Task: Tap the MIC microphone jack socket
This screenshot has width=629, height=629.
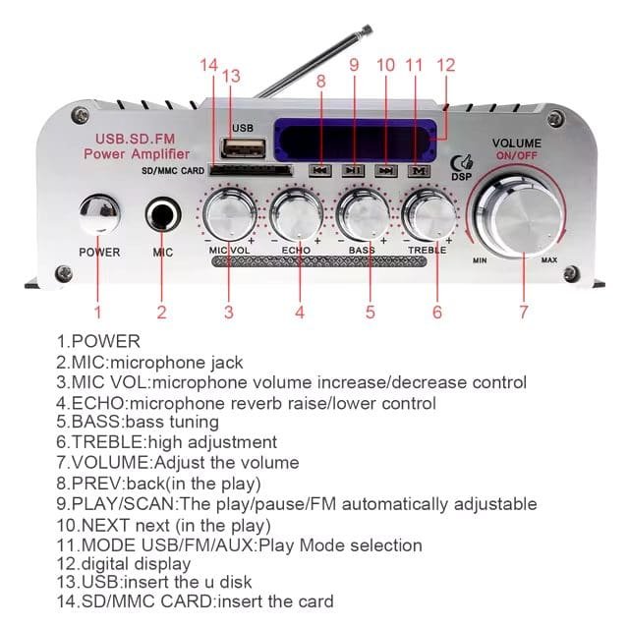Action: [163, 214]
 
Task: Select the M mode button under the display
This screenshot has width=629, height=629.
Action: [418, 170]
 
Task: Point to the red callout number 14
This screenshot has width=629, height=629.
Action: [207, 66]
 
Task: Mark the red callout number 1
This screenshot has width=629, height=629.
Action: [97, 313]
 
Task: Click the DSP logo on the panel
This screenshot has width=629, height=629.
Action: [458, 168]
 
